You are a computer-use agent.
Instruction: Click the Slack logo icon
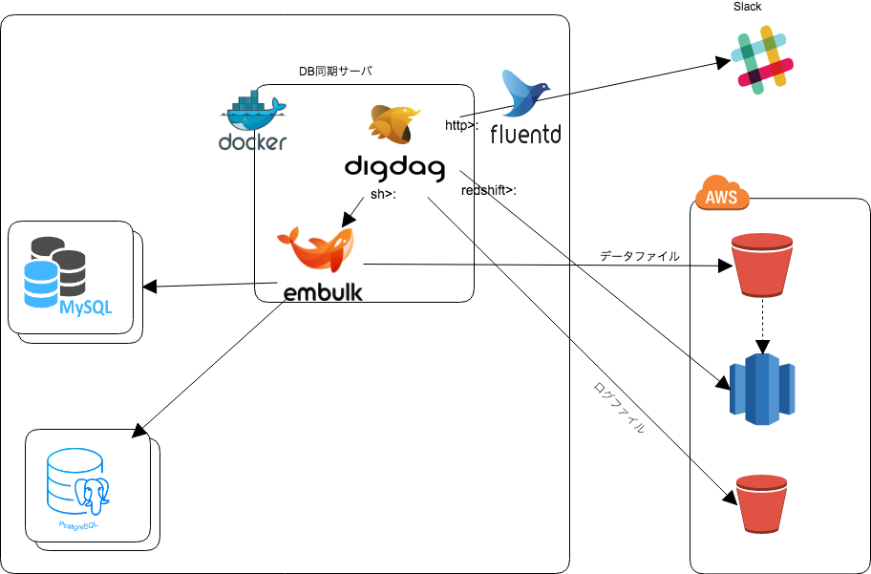coord(762,60)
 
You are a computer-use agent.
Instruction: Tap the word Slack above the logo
coord(747,7)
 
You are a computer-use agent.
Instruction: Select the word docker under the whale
coord(252,143)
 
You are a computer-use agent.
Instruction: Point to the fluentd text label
coord(525,135)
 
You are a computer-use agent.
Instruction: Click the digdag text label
coord(394,169)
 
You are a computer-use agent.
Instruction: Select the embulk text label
coord(323,291)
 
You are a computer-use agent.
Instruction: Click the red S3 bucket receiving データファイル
coord(761,265)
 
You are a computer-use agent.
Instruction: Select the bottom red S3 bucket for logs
coord(763,506)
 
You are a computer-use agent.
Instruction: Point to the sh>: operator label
coord(383,195)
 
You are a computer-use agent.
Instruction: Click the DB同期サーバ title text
coord(335,72)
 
